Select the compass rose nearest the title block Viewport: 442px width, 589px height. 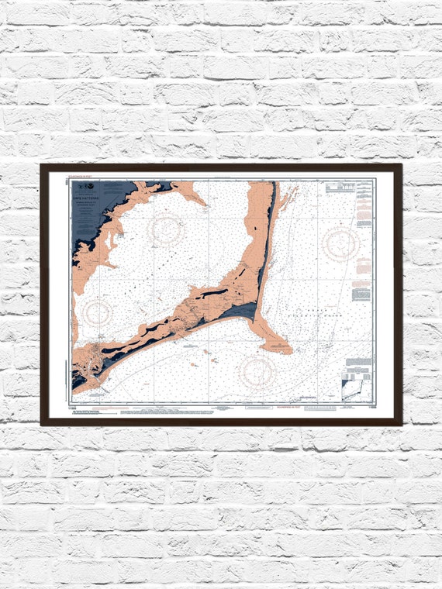[x=165, y=229]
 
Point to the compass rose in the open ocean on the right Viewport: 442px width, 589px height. [x=341, y=243]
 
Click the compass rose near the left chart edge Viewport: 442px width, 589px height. [x=98, y=312]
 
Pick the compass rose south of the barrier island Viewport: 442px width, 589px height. [x=257, y=371]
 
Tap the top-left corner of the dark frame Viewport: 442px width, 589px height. [x=43, y=166]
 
